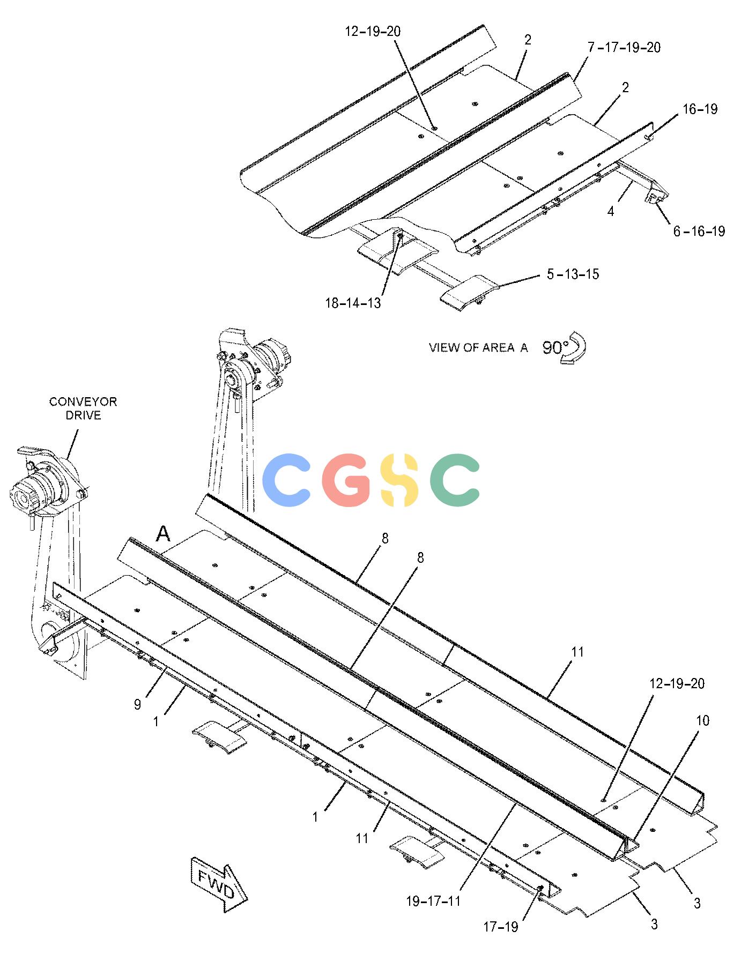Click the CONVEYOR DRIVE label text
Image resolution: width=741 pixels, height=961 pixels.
click(x=83, y=408)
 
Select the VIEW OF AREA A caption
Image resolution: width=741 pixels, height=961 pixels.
click(x=478, y=348)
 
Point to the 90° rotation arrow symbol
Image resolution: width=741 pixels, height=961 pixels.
click(x=574, y=348)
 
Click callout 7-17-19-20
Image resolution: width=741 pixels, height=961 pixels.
click(x=624, y=47)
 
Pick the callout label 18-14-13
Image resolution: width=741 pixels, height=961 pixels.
click(x=353, y=303)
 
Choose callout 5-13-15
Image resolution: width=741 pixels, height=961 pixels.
click(x=573, y=274)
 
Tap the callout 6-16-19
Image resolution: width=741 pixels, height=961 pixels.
click(x=699, y=231)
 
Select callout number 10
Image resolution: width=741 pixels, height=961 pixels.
click(x=702, y=721)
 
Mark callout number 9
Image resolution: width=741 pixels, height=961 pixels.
click(x=138, y=705)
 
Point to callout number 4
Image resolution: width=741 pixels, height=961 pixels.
click(x=611, y=212)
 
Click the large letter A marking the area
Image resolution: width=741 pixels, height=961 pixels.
click(x=163, y=534)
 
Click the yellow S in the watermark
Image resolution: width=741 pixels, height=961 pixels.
click(x=397, y=480)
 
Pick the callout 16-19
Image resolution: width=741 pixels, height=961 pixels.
click(x=700, y=109)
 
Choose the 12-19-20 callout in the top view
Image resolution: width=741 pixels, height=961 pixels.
click(x=373, y=32)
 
